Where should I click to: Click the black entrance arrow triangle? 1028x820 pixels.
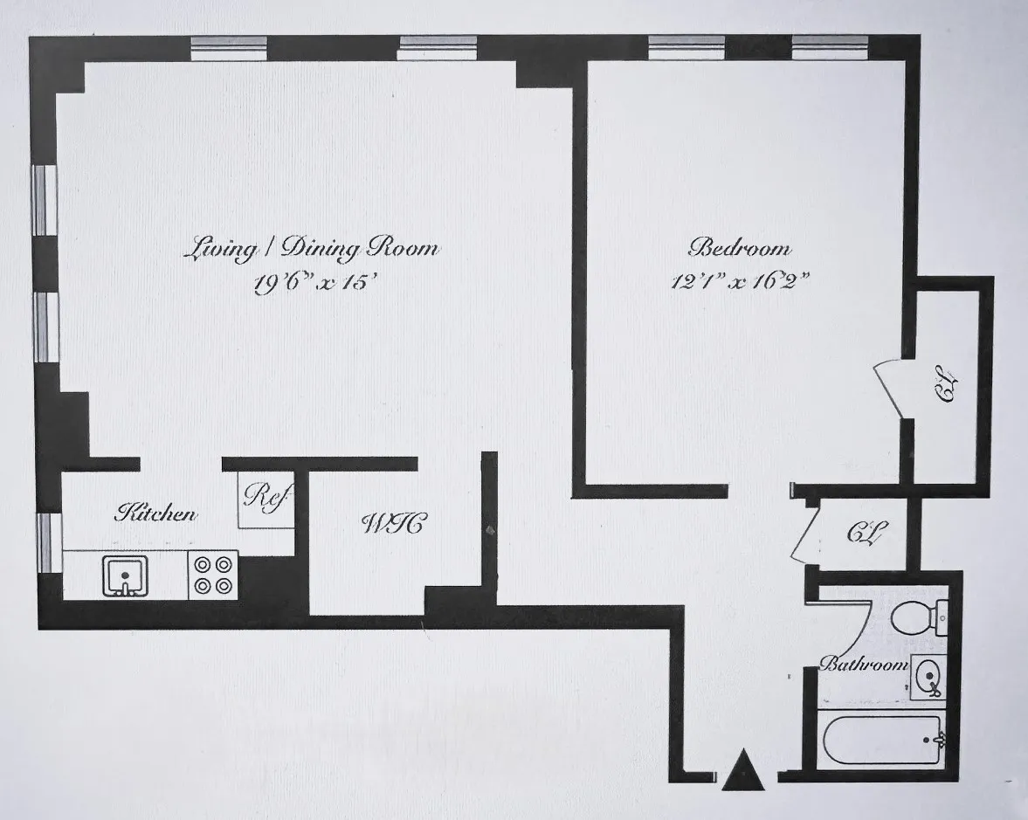pyautogui.click(x=743, y=771)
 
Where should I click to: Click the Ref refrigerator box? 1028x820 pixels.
pyautogui.click(x=266, y=504)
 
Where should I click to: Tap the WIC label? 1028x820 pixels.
pyautogui.click(x=393, y=525)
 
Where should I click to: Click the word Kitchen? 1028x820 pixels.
pyautogui.click(x=156, y=513)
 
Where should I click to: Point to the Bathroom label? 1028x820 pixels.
pyautogui.click(x=863, y=665)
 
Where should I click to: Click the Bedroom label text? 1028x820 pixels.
pyautogui.click(x=740, y=248)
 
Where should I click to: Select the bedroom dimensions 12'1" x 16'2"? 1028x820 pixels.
pyautogui.click(x=741, y=283)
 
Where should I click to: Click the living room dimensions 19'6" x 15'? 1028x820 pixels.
pyautogui.click(x=314, y=284)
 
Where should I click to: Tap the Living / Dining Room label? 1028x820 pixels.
pyautogui.click(x=311, y=249)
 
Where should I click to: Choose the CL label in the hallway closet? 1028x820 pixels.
pyautogui.click(x=866, y=533)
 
